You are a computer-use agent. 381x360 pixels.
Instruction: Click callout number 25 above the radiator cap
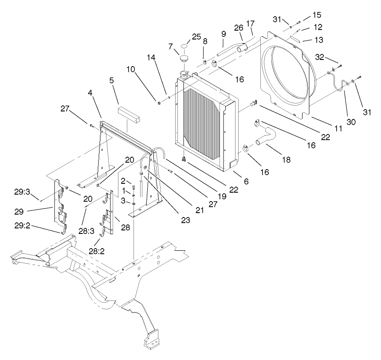point(196,36)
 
